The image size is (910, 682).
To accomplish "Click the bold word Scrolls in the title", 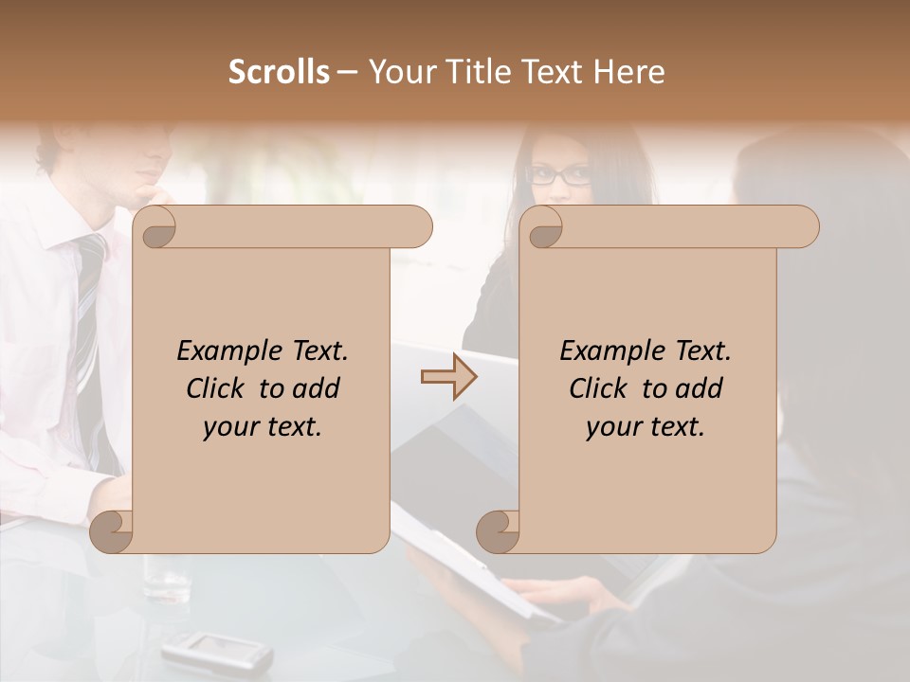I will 279,72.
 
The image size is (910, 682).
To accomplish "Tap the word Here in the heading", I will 629,72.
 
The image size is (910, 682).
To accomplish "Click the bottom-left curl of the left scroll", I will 112,531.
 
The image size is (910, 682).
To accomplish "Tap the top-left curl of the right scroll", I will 544,227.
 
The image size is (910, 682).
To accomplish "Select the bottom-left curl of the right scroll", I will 498,531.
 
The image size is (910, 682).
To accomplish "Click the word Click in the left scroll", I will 218,388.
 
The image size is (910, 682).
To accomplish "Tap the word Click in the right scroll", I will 600,388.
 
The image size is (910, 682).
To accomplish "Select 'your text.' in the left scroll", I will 263,427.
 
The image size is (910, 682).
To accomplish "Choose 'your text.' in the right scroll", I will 645,427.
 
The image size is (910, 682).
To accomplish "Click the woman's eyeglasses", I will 559,175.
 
